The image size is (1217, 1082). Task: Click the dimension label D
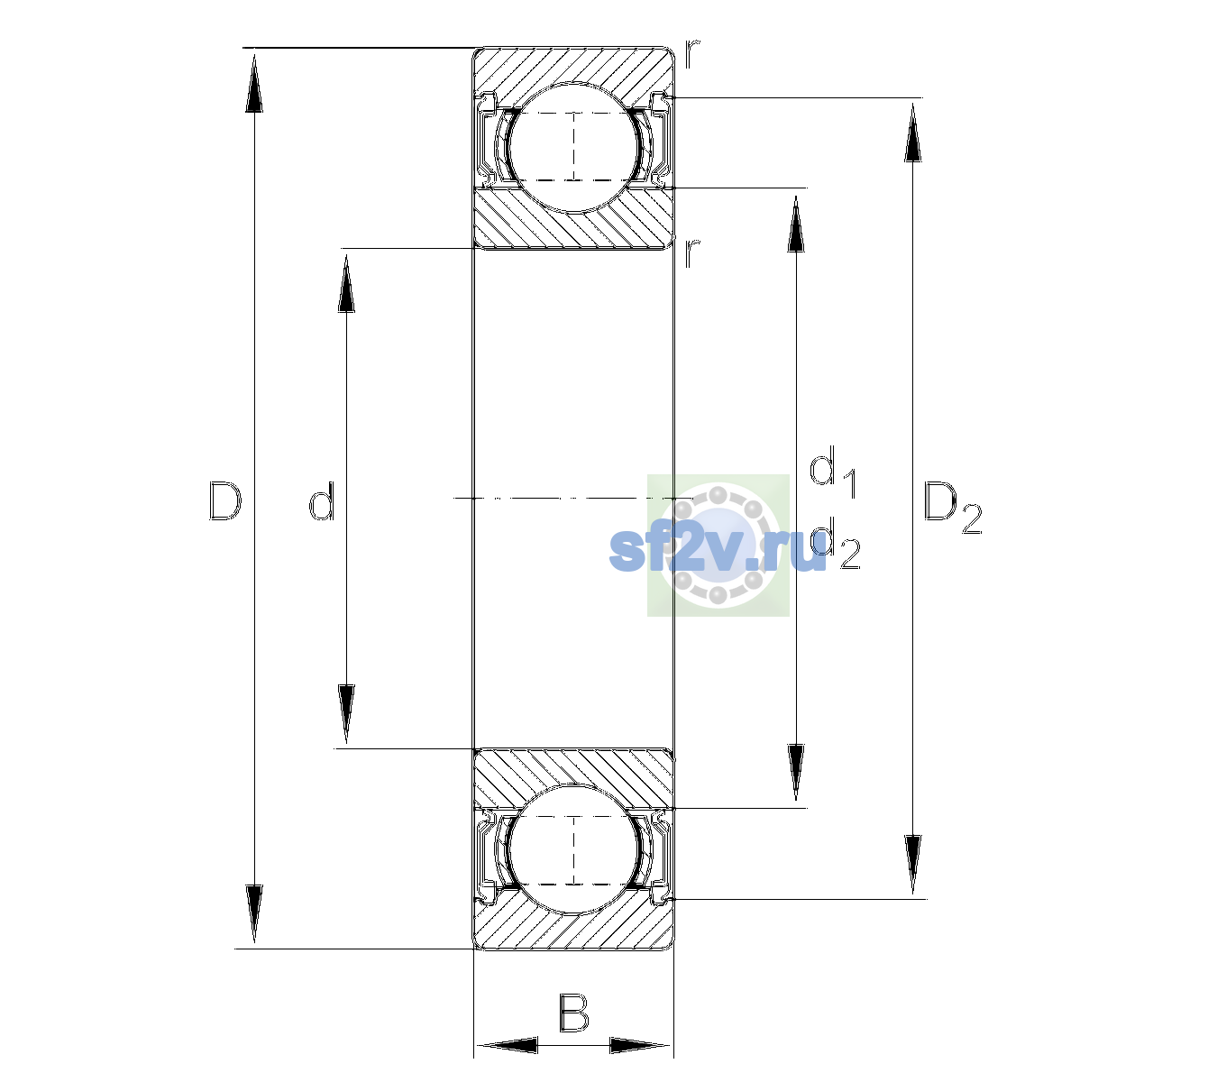click(x=225, y=500)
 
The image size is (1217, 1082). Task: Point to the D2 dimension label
click(x=952, y=507)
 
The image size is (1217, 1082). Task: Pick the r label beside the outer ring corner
click(x=692, y=54)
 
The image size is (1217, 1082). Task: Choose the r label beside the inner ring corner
click(x=692, y=252)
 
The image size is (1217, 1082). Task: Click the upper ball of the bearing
click(x=574, y=147)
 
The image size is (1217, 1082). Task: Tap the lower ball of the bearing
click(x=574, y=849)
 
